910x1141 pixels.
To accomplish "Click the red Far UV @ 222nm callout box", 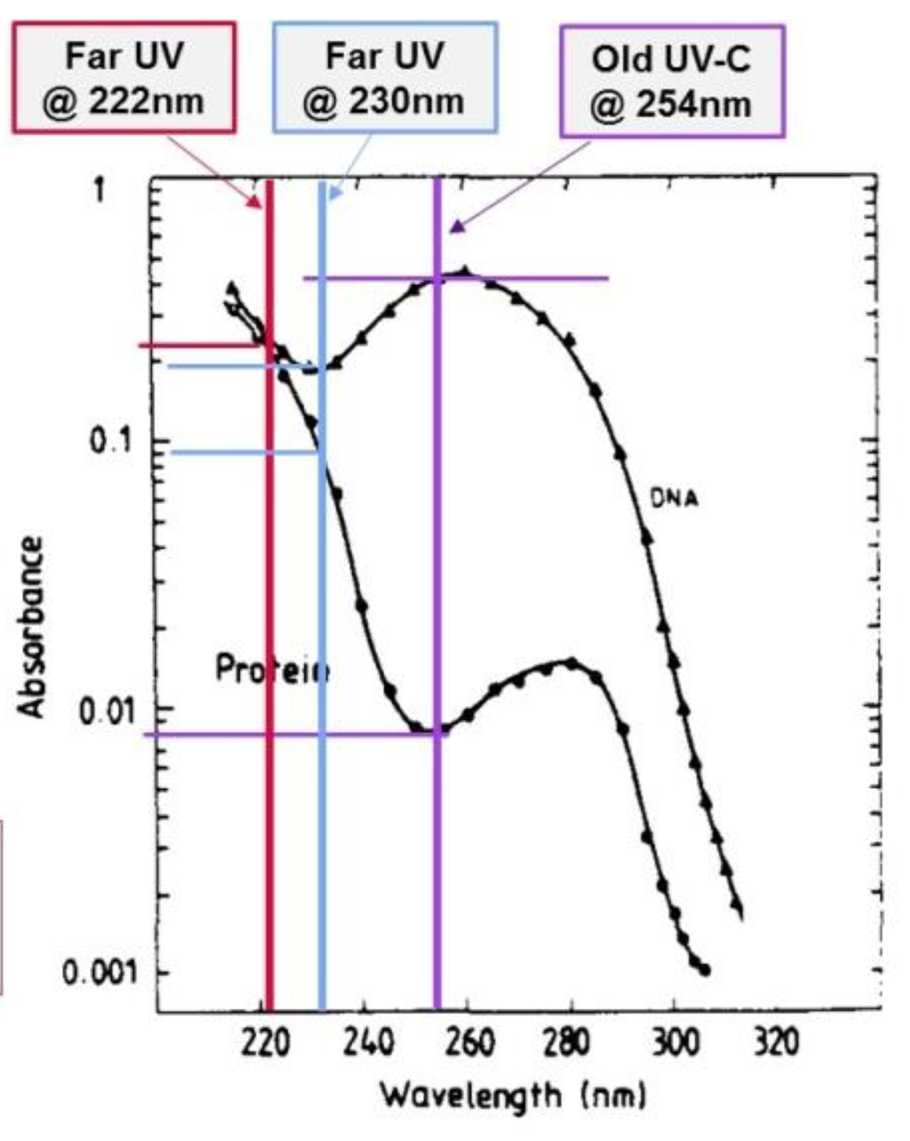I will (124, 78).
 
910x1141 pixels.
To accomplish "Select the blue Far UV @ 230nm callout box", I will (385, 78).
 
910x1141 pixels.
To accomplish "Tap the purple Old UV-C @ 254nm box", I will (671, 81).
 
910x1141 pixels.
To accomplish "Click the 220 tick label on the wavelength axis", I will (266, 1043).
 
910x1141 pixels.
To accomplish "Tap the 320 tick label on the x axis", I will (775, 1043).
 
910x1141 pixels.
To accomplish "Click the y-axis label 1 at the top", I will (99, 190).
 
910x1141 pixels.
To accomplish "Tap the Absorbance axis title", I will (31, 626).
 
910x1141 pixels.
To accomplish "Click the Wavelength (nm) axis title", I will (514, 1095).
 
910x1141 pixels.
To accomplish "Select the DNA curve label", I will (674, 498).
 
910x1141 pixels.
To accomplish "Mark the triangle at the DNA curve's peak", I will (466, 272).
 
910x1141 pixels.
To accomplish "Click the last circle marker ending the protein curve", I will (705, 970).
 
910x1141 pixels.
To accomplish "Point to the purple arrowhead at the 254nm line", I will (457, 226).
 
